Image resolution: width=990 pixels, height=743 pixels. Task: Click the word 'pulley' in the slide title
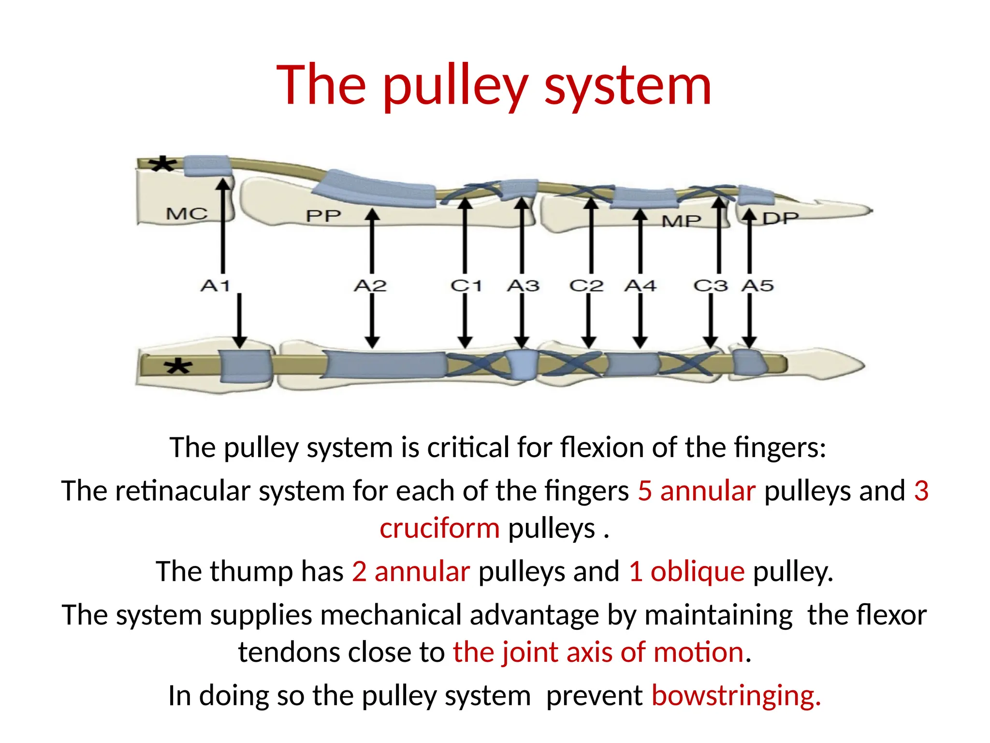pos(454,86)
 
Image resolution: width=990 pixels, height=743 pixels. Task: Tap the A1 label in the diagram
pos(216,285)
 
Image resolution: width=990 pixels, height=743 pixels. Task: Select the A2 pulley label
pos(370,285)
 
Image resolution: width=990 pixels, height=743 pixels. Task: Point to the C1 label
pos(466,285)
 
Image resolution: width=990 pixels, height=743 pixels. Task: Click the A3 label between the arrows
pos(523,285)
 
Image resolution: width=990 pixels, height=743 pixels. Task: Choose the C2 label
pos(586,285)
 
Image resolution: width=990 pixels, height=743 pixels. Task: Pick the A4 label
pos(641,285)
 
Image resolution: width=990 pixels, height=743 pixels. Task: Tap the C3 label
pos(711,285)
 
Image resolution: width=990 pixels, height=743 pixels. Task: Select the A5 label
pos(757,285)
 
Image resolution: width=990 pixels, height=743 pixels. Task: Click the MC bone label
pos(187,213)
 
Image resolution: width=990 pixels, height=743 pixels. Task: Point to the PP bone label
pos(323,216)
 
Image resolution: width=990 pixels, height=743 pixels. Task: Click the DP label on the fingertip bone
pos(780,219)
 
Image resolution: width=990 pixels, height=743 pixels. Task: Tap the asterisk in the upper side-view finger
pos(162,165)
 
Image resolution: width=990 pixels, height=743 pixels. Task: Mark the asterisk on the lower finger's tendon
pos(178,367)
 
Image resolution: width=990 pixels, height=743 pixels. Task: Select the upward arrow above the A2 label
pos(372,240)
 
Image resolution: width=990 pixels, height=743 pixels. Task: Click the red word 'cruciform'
pos(439,528)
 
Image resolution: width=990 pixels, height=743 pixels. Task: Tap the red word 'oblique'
pos(698,571)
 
